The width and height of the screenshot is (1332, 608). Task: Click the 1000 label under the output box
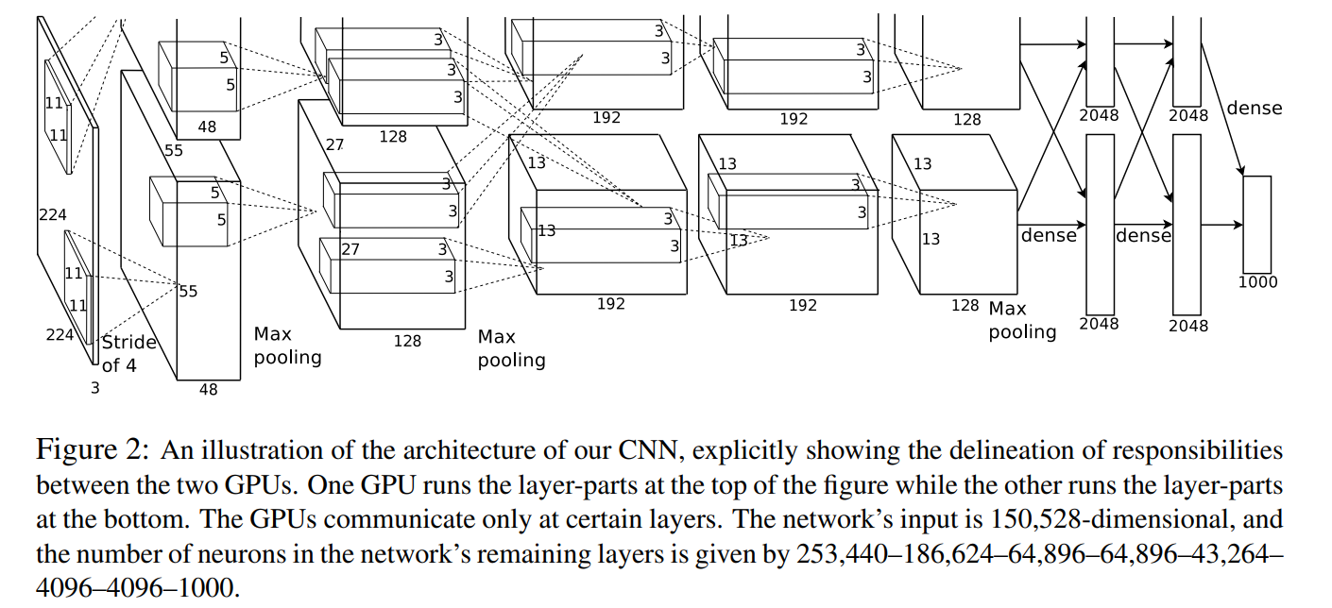tap(1257, 281)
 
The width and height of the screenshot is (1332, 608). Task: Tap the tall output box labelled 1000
tap(1257, 224)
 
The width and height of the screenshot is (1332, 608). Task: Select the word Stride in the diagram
tap(128, 342)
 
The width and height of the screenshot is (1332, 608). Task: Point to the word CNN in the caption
tap(574, 451)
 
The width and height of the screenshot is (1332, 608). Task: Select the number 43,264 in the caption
tap(1228, 553)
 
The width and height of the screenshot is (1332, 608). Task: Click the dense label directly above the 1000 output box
tap(1255, 108)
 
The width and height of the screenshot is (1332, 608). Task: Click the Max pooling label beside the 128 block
tap(1020, 320)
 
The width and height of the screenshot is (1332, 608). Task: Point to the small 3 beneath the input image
tap(94, 385)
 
